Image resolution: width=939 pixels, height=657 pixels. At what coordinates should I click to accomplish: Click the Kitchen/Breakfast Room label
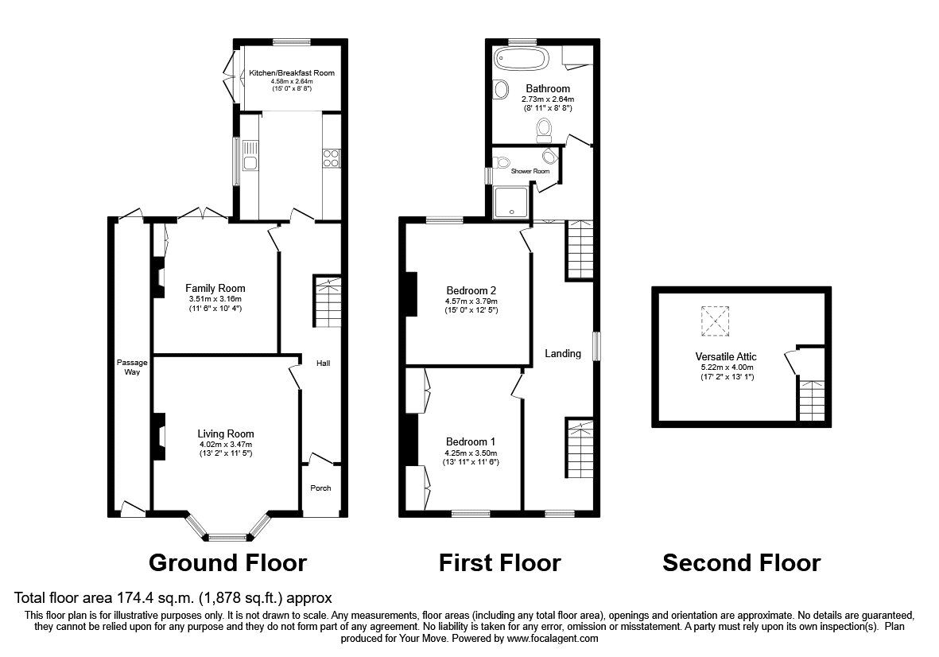tap(292, 73)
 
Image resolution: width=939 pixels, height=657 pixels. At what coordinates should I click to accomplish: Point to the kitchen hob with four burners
tap(332, 158)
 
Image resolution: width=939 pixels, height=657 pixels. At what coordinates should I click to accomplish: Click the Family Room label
tap(215, 288)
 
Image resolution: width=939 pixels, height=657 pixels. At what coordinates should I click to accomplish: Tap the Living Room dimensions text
tap(225, 449)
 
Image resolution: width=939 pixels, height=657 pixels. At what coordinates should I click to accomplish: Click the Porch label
tap(320, 488)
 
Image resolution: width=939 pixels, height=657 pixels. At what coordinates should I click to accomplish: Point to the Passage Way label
tap(127, 367)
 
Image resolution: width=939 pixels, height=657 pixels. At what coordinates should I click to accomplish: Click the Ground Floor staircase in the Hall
tap(327, 302)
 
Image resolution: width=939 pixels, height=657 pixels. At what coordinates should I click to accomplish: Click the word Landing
tap(562, 353)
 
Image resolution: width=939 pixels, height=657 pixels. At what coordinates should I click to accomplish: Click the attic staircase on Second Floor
tap(811, 401)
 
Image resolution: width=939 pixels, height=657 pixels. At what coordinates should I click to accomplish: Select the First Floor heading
tap(499, 563)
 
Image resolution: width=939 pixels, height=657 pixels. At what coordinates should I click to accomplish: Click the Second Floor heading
tap(741, 563)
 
